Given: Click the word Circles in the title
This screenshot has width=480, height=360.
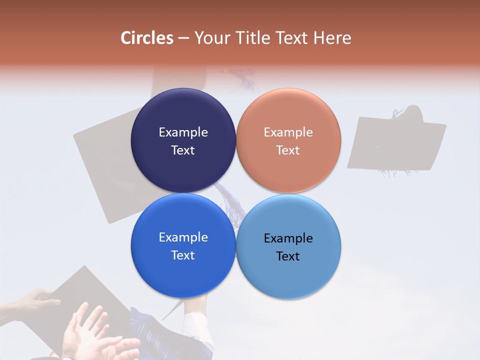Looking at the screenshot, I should pyautogui.click(x=147, y=38).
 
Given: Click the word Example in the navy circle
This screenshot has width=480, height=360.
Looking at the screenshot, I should pyautogui.click(x=183, y=132).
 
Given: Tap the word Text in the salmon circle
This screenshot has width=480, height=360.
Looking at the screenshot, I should pyautogui.click(x=288, y=150).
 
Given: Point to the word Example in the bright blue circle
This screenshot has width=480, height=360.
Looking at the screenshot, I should pyautogui.click(x=183, y=237).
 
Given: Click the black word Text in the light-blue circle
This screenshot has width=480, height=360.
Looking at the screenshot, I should pyautogui.click(x=288, y=256).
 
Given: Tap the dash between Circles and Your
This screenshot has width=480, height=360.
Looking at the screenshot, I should pyautogui.click(x=183, y=38).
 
